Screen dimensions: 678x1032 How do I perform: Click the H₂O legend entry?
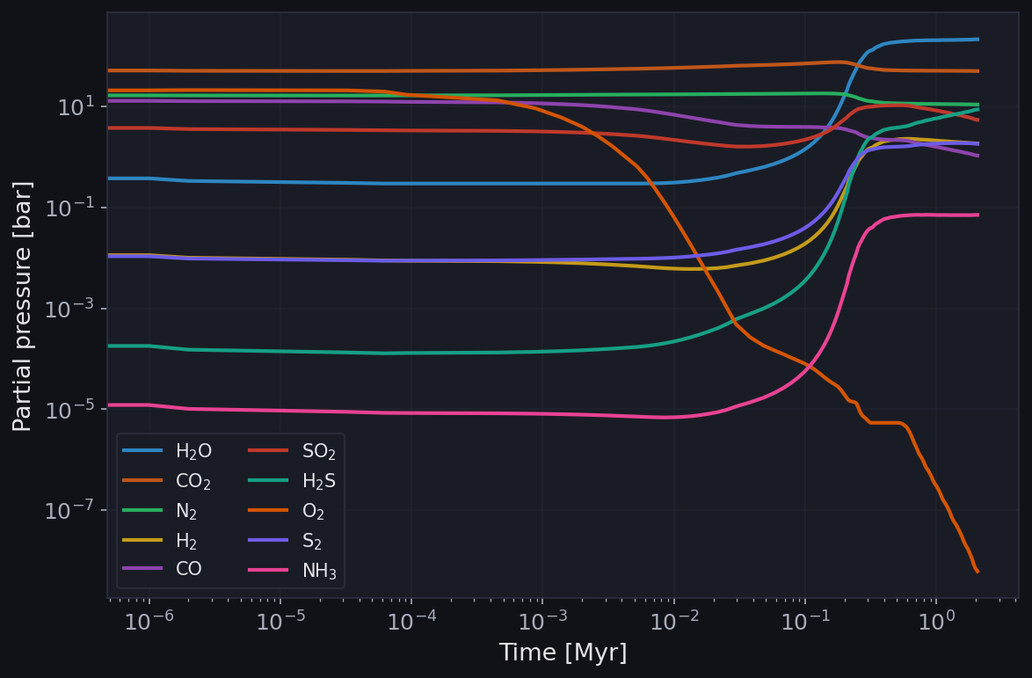[x=193, y=451]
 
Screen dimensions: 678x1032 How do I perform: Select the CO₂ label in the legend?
[x=193, y=481]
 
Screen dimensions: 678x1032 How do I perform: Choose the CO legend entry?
[x=188, y=569]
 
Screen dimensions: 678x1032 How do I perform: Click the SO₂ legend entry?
[x=319, y=451]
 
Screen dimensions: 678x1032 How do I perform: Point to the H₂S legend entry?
[x=319, y=481]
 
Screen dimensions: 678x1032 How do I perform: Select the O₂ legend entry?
[x=314, y=511]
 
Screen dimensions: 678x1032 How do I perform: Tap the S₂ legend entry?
[x=313, y=541]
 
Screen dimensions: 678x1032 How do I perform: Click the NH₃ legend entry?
[x=319, y=571]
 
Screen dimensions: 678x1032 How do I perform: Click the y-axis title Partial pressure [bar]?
[x=23, y=305]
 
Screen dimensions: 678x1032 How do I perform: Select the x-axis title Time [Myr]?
[x=563, y=653]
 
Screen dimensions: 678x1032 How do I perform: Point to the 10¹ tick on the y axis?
[x=76, y=107]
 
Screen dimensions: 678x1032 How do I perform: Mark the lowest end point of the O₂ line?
[x=977, y=572]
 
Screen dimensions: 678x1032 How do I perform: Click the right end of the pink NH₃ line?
[x=977, y=215]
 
